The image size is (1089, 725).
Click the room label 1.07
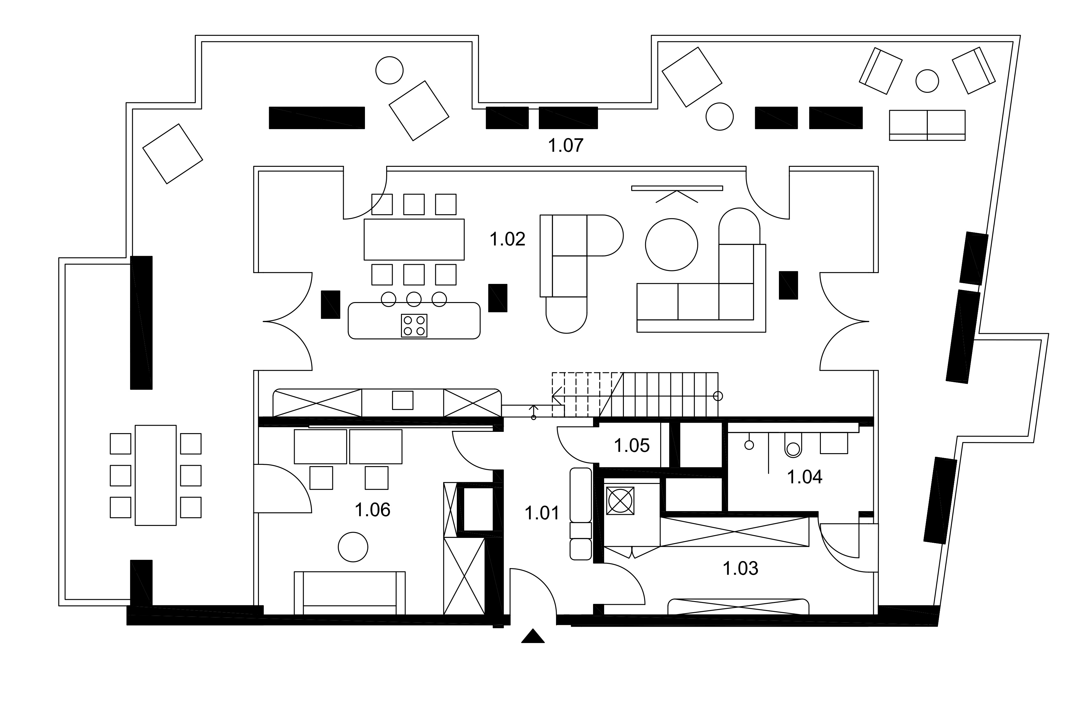pyautogui.click(x=565, y=145)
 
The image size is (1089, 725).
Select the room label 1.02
pyautogui.click(x=507, y=240)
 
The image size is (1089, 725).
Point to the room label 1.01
pyautogui.click(x=542, y=513)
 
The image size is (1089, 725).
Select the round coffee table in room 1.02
pyautogui.click(x=671, y=245)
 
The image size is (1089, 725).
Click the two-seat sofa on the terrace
pyautogui.click(x=927, y=125)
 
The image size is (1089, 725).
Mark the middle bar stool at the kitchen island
pyautogui.click(x=414, y=299)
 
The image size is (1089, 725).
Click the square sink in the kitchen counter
pyautogui.click(x=402, y=400)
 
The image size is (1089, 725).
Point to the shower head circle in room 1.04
pyautogui.click(x=749, y=445)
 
